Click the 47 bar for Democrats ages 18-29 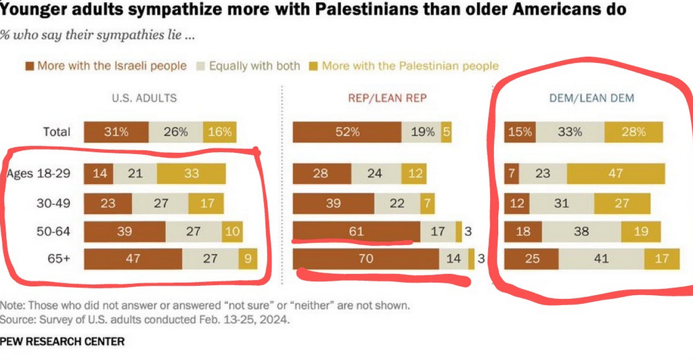point(614,174)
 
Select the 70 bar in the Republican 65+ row point(366,259)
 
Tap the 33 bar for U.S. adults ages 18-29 point(192,174)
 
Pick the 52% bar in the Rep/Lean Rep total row point(346,132)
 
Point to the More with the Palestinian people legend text point(410,66)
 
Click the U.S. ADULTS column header point(144,98)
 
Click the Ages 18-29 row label point(39,174)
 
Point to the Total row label point(57,132)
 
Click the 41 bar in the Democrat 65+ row point(601,259)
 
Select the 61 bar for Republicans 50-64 point(357,231)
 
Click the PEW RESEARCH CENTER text point(62,342)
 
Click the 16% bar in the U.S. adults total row point(219,132)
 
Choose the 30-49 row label point(55,202)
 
